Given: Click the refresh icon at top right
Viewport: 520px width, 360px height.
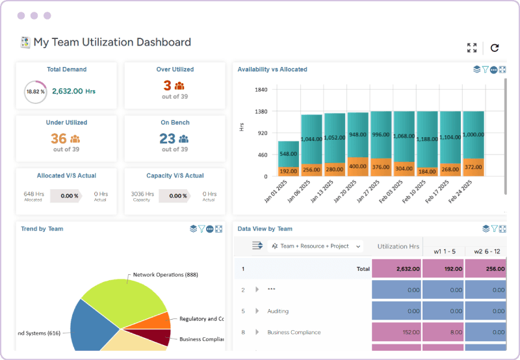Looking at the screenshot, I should (x=495, y=47).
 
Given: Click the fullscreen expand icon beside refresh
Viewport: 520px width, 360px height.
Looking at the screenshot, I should (x=472, y=47).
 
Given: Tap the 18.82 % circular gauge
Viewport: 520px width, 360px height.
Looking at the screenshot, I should (x=35, y=92).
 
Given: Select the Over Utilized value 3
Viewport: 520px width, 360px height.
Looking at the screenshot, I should (x=167, y=85).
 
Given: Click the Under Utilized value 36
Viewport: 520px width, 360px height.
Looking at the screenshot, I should (x=58, y=138).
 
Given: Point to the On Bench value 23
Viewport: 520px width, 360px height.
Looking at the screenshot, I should (x=167, y=138).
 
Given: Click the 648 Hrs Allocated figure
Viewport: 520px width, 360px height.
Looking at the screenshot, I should (x=33, y=194).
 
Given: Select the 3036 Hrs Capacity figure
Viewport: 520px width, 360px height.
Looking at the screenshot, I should (x=142, y=194).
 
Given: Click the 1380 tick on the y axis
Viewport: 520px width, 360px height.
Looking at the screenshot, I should (x=261, y=112).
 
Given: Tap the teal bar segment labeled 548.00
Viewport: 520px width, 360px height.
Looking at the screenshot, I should (x=288, y=154).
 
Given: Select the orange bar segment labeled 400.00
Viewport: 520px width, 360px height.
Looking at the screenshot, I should (x=357, y=166).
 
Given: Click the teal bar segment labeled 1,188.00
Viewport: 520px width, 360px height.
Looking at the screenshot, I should (x=427, y=139).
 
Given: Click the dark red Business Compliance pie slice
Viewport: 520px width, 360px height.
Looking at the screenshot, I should (x=160, y=337).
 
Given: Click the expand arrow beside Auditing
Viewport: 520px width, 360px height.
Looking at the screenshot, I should (x=257, y=311).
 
